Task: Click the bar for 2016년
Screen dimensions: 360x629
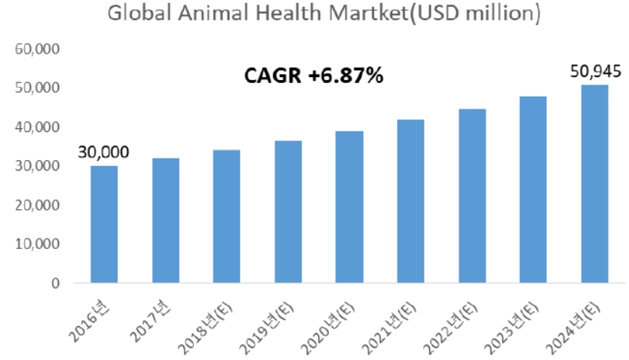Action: coord(103,224)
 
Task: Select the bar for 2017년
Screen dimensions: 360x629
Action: coord(165,220)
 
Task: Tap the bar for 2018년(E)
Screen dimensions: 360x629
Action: coord(226,217)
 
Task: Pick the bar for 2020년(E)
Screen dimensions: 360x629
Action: coord(349,207)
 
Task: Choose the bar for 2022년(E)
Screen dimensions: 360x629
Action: coord(472,196)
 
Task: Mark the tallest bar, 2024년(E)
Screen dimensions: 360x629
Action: coord(595,184)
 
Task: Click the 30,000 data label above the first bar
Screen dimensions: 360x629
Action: coord(103,152)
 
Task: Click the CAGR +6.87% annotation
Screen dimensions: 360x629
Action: coord(314,76)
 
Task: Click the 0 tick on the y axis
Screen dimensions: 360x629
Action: coord(56,284)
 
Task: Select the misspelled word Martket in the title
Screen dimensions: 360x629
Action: coord(358,14)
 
